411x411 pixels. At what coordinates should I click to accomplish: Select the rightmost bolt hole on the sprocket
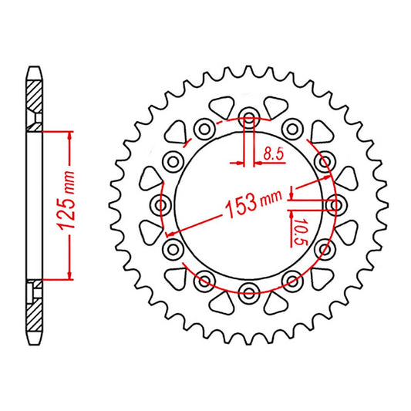335,205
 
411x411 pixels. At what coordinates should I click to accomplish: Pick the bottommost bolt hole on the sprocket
249,291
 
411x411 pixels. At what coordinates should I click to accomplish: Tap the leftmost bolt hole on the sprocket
163,205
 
